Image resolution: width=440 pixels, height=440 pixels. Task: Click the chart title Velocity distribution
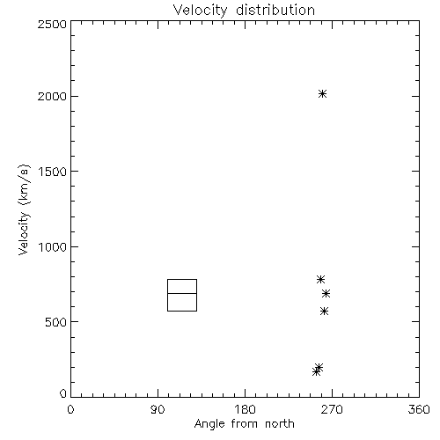click(x=244, y=11)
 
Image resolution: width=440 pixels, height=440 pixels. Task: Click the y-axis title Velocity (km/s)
click(x=24, y=209)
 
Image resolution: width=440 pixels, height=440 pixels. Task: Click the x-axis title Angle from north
click(x=244, y=424)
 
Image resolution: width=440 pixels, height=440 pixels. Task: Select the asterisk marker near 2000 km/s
click(x=322, y=94)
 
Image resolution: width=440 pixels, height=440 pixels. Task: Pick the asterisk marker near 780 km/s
click(x=320, y=279)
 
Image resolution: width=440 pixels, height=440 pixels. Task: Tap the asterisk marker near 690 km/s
click(x=326, y=293)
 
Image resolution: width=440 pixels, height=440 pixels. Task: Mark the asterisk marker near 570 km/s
click(x=324, y=312)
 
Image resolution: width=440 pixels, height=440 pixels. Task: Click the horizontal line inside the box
click(x=182, y=293)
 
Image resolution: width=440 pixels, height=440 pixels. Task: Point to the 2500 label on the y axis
click(x=52, y=24)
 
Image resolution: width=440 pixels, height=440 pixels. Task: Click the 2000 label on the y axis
click(x=52, y=96)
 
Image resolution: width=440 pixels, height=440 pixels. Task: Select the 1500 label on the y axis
click(x=53, y=172)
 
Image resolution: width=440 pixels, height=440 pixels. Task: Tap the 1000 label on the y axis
click(x=53, y=246)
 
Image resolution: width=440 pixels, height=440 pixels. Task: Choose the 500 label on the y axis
click(x=56, y=322)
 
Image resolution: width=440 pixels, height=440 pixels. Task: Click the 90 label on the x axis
click(x=158, y=409)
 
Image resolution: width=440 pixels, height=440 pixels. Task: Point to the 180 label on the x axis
click(x=245, y=409)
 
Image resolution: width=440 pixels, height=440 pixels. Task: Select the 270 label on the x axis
click(x=332, y=409)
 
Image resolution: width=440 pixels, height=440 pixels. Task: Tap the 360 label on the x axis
click(x=419, y=409)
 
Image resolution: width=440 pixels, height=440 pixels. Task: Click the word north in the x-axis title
click(x=280, y=424)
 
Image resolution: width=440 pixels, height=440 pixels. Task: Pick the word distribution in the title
click(x=275, y=11)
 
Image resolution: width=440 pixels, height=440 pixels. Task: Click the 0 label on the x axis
click(x=70, y=409)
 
